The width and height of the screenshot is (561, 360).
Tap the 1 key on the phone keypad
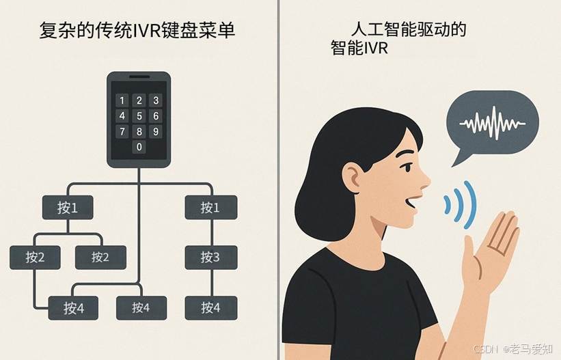tap(122, 100)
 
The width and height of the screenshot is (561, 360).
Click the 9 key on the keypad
tap(156, 132)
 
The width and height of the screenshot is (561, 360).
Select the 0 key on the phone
tap(139, 147)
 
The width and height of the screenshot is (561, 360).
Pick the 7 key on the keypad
tap(122, 132)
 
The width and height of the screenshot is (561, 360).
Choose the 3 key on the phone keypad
tap(156, 100)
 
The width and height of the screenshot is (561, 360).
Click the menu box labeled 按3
tap(211, 258)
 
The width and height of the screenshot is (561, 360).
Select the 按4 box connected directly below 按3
tap(211, 308)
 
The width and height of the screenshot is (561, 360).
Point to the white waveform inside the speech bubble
tap(493, 123)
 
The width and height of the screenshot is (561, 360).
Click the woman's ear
tap(353, 178)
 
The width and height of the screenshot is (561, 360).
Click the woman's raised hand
tap(490, 247)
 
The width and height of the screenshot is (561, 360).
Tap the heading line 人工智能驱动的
tap(408, 29)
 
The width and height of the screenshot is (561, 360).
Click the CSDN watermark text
tap(486, 348)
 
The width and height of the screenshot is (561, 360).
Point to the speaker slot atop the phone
tap(139, 77)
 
